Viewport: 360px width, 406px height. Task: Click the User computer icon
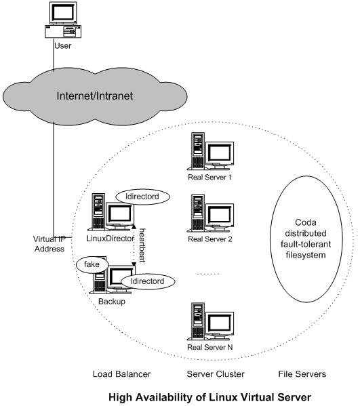(63, 20)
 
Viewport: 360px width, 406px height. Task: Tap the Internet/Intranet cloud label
(94, 96)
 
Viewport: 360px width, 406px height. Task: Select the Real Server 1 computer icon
(210, 151)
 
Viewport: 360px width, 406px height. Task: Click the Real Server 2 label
(210, 239)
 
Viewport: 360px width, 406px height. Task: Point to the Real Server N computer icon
(210, 321)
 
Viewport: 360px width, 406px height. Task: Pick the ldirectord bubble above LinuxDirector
(142, 197)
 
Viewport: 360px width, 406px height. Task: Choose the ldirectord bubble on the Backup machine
(148, 281)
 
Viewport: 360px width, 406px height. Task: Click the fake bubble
(92, 264)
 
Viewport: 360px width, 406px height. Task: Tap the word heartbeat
(142, 245)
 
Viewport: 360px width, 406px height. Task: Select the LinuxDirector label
(110, 238)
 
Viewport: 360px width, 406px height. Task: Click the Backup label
(112, 302)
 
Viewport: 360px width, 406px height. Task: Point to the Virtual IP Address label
(49, 244)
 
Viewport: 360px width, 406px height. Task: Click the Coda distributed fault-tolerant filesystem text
(306, 239)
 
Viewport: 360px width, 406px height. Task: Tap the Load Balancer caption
(122, 374)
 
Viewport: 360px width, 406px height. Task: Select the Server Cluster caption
(216, 374)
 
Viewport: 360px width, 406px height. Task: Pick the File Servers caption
(302, 374)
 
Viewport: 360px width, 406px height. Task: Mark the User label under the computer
(62, 46)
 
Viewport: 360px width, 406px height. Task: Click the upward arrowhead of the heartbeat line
(134, 226)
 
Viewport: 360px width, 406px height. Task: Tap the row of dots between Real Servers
(207, 274)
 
